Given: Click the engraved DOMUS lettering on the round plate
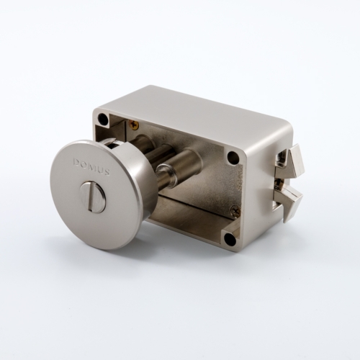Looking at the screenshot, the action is (x=91, y=166).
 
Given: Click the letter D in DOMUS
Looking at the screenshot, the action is (x=76, y=162).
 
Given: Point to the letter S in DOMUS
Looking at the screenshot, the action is (x=107, y=171).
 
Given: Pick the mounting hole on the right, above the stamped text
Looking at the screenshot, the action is (x=232, y=157).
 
